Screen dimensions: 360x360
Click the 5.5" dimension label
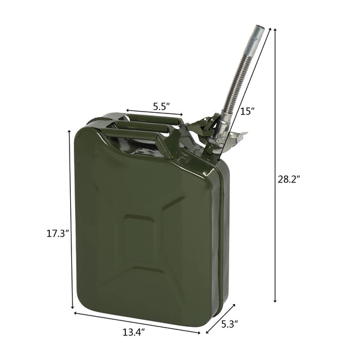(161, 106)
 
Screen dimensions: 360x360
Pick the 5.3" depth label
(229, 325)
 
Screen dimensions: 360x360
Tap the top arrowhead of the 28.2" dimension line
(276, 29)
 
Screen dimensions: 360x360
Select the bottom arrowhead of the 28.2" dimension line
(276, 301)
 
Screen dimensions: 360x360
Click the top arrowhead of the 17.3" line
(71, 133)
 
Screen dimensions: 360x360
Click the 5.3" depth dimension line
(220, 317)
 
